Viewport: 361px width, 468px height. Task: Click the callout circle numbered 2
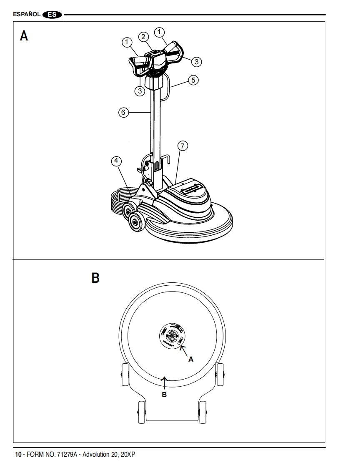[143, 37]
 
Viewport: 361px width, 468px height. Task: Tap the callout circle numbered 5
[193, 79]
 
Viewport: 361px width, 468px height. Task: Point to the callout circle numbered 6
[122, 112]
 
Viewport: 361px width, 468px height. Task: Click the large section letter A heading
[25, 36]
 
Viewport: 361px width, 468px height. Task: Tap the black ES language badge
[53, 15]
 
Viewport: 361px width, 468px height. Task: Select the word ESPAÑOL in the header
[27, 15]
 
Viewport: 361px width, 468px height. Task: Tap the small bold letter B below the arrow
[164, 394]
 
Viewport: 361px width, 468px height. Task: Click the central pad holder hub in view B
[172, 335]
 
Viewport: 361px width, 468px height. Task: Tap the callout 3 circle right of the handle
[197, 61]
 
